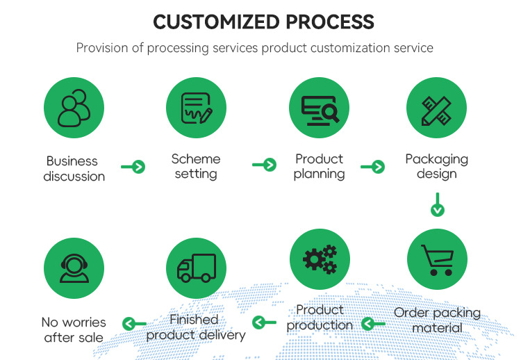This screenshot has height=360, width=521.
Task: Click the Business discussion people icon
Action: tap(74, 108)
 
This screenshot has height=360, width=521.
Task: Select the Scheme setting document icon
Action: tap(196, 108)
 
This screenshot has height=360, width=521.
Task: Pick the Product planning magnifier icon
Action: tap(319, 108)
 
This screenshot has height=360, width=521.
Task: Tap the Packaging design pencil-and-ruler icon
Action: tap(436, 108)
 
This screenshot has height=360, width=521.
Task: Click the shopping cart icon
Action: tap(436, 260)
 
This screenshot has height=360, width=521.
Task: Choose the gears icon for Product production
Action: tap(319, 260)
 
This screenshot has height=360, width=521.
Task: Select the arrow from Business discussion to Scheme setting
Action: tap(133, 167)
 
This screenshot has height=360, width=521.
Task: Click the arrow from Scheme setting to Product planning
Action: tap(264, 165)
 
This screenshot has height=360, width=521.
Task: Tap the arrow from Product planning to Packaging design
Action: tap(372, 166)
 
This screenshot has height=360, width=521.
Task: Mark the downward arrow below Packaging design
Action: tap(437, 205)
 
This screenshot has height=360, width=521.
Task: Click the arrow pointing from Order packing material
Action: tap(374, 323)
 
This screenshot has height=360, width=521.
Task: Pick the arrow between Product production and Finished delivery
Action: tap(264, 322)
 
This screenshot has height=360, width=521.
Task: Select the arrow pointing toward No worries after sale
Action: tap(134, 323)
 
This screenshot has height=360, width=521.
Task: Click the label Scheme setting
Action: tap(196, 166)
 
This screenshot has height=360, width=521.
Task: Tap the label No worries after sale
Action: tap(74, 330)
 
